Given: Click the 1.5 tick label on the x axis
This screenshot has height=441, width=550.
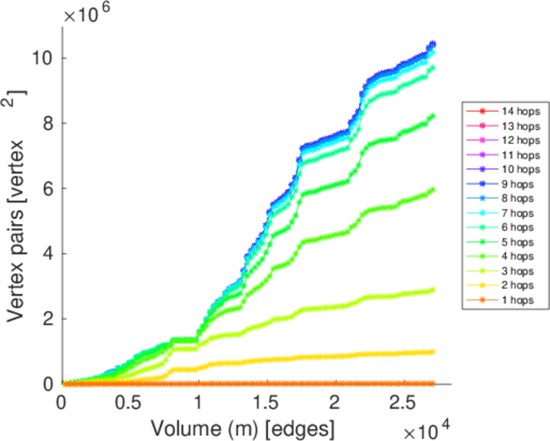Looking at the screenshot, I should coord(266,403).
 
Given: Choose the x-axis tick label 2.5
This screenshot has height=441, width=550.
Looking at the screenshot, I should coord(402,403).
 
